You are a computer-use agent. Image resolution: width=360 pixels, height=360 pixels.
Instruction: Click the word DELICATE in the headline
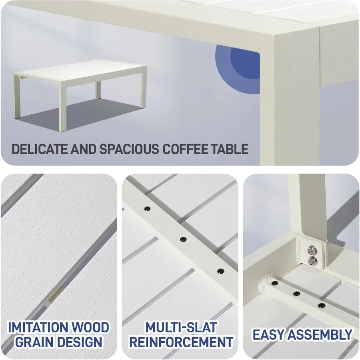40,149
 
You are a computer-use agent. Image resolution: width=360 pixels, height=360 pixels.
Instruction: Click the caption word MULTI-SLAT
181,327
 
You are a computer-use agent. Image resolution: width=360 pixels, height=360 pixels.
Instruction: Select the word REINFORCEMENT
181,342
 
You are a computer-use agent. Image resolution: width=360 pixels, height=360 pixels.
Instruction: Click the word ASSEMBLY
320,334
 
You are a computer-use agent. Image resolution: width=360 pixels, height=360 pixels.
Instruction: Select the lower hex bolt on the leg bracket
312,260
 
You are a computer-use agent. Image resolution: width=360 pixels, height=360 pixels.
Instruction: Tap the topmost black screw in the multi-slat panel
147,209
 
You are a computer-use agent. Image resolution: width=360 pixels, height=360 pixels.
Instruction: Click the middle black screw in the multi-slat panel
183,239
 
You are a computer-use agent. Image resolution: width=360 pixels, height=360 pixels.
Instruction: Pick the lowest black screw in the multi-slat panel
220,271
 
